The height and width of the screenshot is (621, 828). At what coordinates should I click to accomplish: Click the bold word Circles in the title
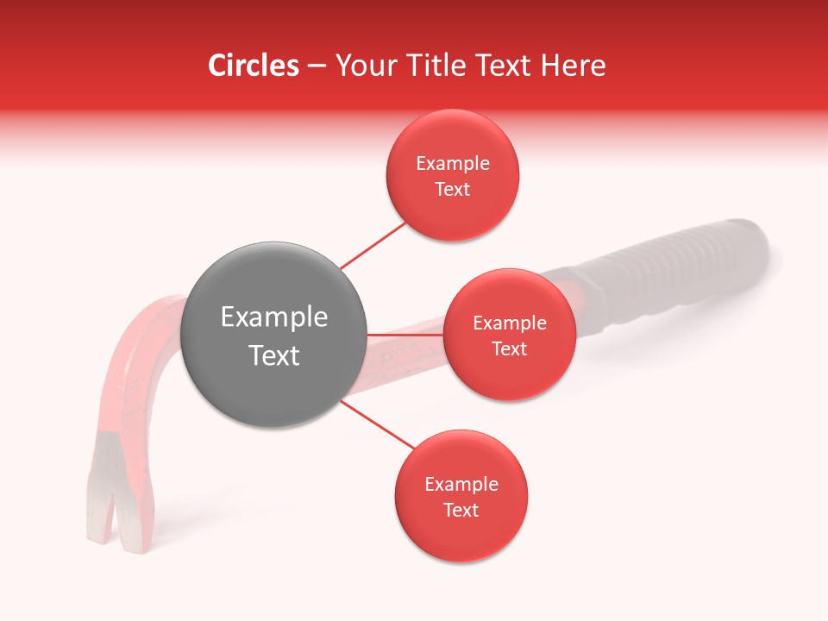tap(253, 66)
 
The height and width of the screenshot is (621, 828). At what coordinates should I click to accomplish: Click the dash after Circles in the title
tap(316, 66)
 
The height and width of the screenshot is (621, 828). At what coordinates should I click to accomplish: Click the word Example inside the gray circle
tap(274, 317)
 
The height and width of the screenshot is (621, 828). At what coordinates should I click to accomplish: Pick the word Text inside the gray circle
tap(274, 355)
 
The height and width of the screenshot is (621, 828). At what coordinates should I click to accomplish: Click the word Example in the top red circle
tap(452, 164)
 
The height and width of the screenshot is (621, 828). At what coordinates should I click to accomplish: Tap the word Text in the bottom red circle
tap(461, 510)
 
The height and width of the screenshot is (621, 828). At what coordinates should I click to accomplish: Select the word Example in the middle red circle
tap(509, 323)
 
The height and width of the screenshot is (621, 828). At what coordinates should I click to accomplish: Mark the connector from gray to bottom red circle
tap(377, 423)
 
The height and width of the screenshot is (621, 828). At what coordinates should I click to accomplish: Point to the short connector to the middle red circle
tap(405, 335)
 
